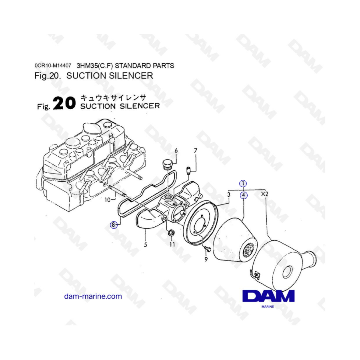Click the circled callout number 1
tap(243, 184)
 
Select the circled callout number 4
tap(244, 195)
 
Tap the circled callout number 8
tap(114, 225)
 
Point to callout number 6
tap(176, 151)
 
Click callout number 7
tap(196, 151)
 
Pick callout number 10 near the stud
tap(108, 200)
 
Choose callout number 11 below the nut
tap(172, 244)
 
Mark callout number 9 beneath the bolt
tap(206, 259)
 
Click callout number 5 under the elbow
tap(145, 245)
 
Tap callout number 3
tap(229, 195)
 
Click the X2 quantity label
tap(264, 194)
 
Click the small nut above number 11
tap(171, 233)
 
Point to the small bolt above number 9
tap(207, 249)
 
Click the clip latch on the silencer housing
tap(255, 274)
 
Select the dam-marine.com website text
tap(93, 296)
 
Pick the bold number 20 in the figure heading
tap(64, 103)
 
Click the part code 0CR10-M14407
tap(53, 66)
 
